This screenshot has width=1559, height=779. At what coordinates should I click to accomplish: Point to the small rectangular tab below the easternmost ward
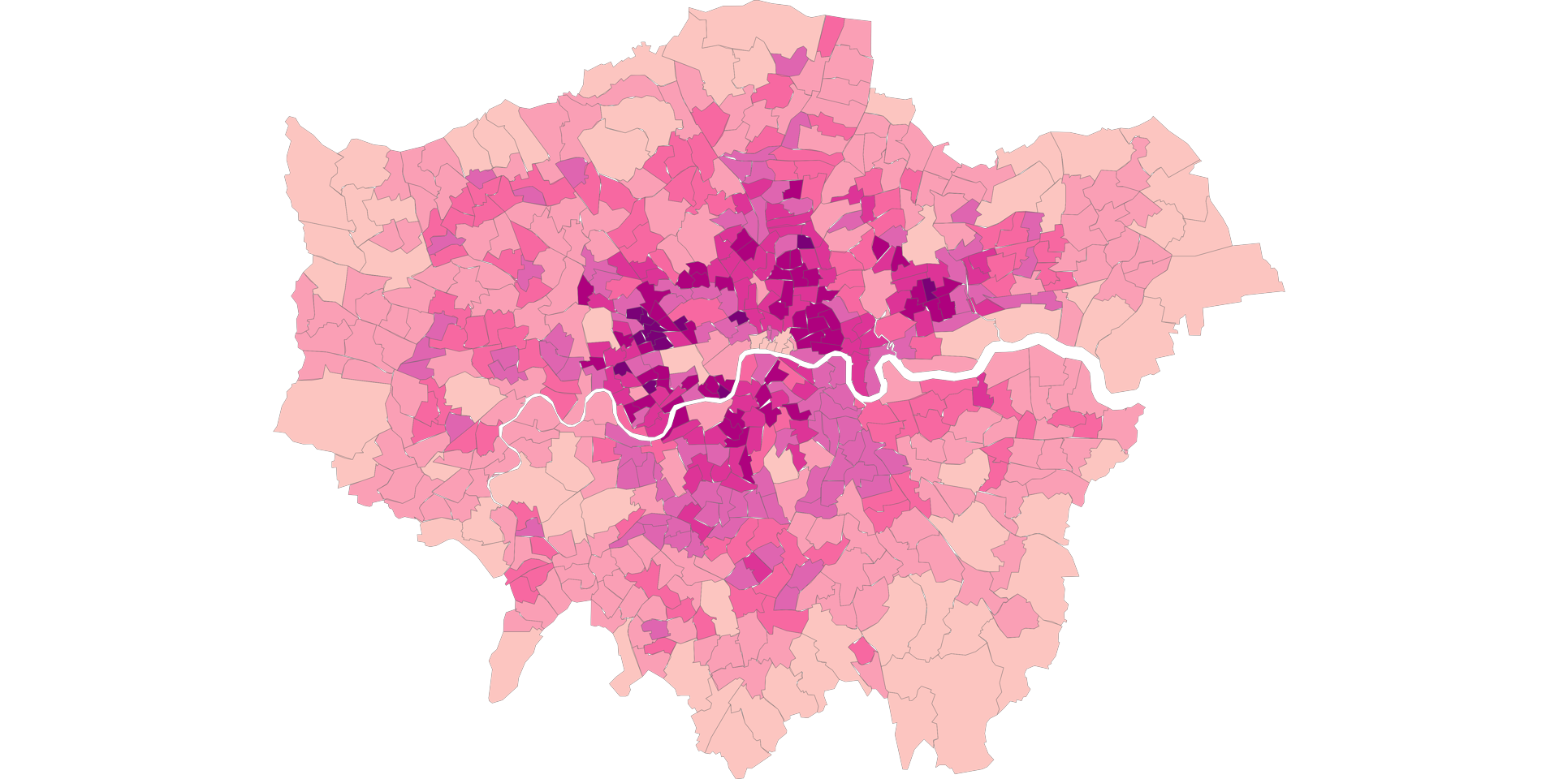click(1194, 324)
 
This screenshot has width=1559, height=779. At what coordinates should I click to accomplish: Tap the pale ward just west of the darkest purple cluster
click(599, 325)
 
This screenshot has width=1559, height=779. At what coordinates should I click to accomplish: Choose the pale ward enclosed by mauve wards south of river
click(784, 467)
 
